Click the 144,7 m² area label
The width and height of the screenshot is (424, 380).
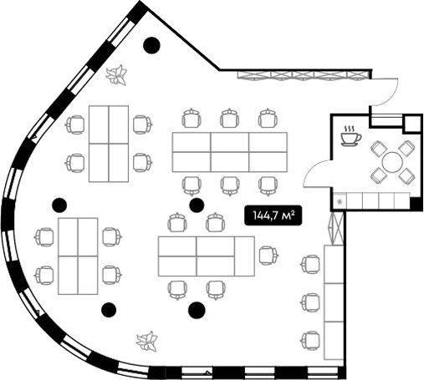(273, 215)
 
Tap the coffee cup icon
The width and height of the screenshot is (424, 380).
(350, 136)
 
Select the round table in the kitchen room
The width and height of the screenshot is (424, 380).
(392, 162)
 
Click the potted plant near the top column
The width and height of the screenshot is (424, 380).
(116, 75)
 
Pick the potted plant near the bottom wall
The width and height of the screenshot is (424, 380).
(146, 341)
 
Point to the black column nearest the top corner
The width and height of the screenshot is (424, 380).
(151, 45)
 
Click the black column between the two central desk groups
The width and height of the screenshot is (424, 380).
(197, 205)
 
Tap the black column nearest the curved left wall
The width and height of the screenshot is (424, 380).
(59, 205)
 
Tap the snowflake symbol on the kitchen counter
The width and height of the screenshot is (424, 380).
(340, 201)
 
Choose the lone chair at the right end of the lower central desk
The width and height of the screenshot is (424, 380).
(268, 256)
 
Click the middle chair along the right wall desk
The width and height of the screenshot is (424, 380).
(310, 302)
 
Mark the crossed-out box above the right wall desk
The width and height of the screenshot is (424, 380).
(338, 228)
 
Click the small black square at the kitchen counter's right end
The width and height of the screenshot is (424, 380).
(416, 203)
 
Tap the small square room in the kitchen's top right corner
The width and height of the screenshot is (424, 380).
(412, 123)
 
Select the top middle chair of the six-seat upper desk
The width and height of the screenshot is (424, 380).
(230, 118)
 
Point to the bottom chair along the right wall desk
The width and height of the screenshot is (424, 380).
(310, 340)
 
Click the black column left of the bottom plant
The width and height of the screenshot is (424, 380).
(109, 310)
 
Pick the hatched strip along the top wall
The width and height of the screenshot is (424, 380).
(304, 75)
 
